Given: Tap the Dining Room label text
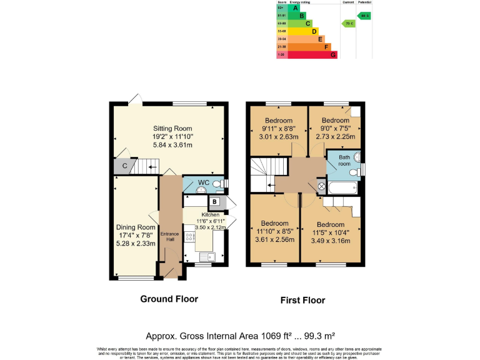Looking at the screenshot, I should [x=136, y=227].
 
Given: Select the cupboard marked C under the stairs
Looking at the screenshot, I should [x=124, y=166].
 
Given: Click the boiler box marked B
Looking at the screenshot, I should [x=214, y=201].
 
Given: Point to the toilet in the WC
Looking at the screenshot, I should [x=217, y=184].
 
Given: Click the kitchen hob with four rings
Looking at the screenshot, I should [x=189, y=238].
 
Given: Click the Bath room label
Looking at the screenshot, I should [x=345, y=161].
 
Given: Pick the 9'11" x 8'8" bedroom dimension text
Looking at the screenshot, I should [x=278, y=129].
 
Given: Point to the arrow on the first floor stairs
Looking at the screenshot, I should [x=268, y=185].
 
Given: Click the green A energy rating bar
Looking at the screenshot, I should [x=296, y=7].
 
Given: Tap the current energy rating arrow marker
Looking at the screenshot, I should [x=348, y=23].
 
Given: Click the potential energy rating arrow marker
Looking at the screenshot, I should [x=364, y=16].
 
